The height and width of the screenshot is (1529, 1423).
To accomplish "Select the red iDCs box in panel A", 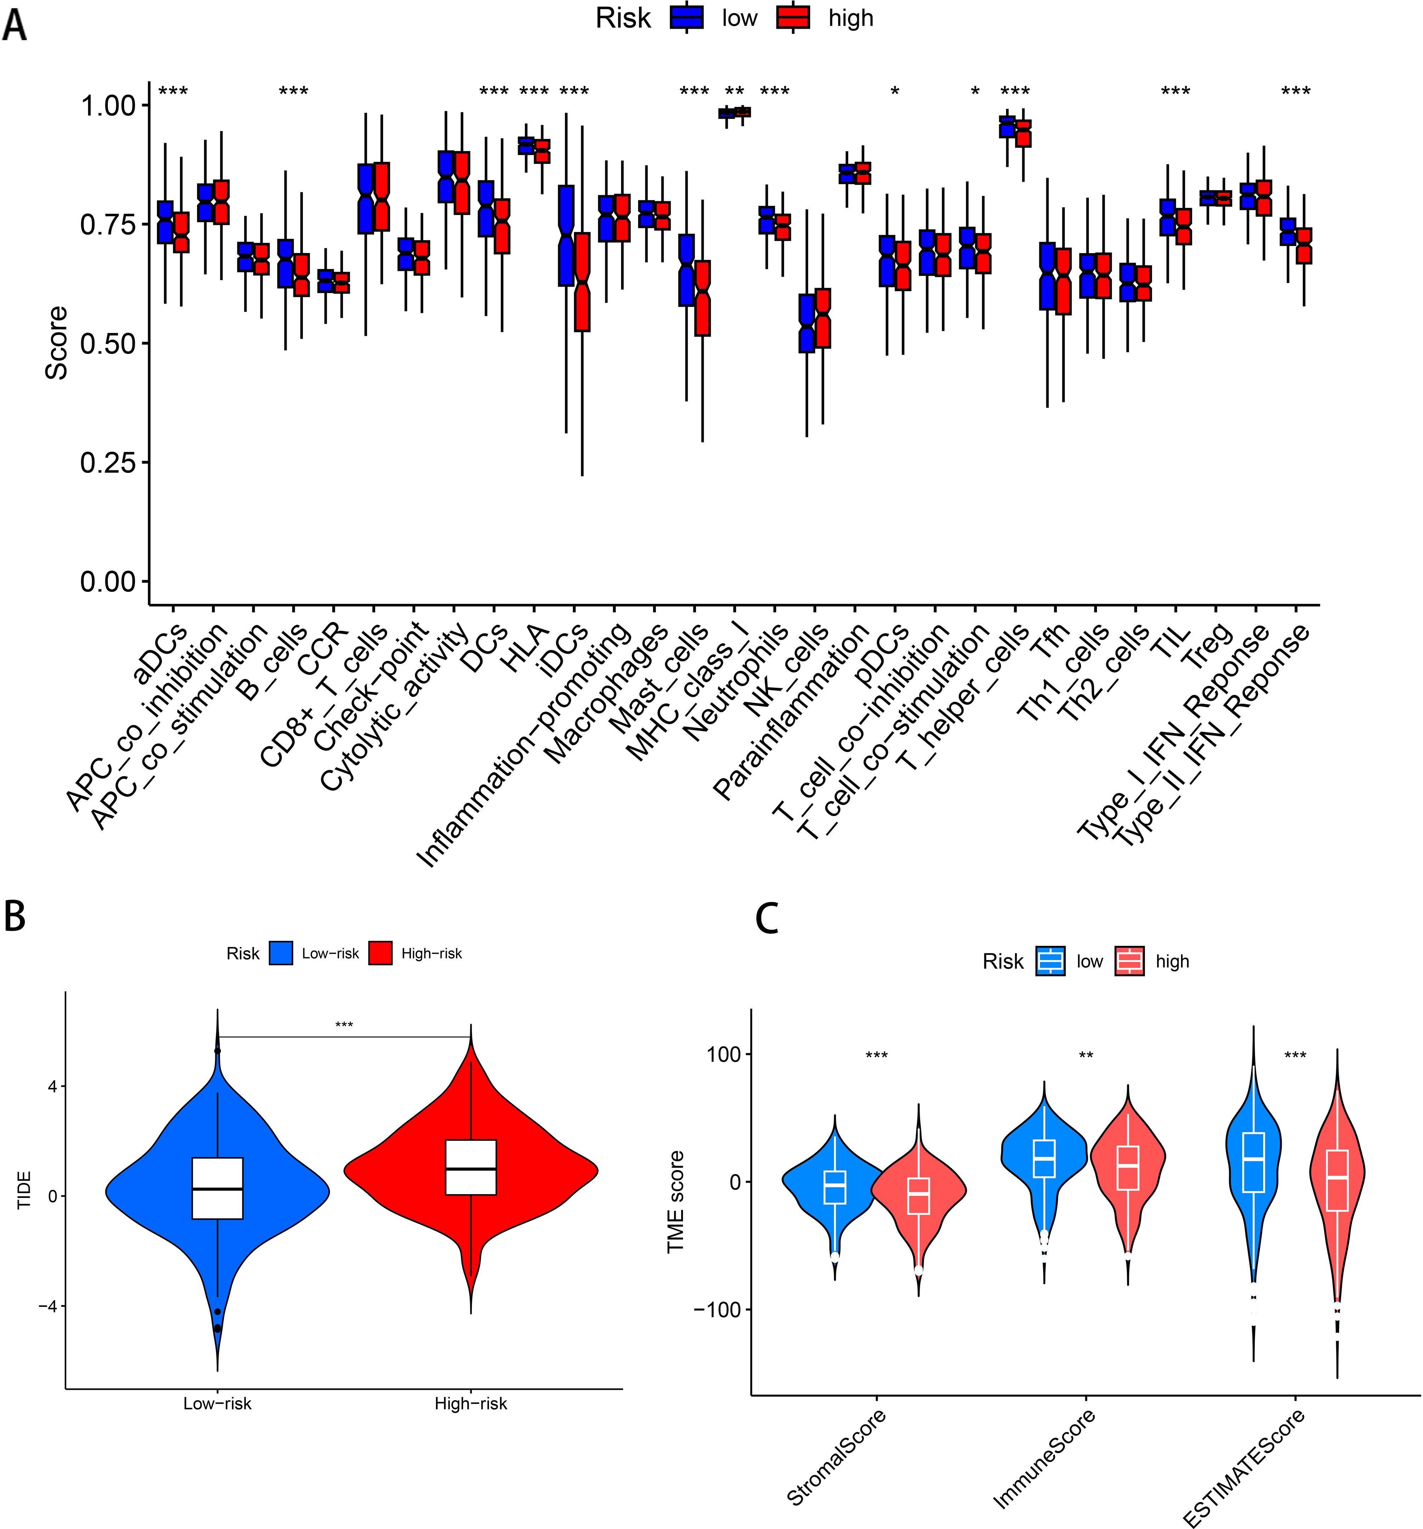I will tap(582, 282).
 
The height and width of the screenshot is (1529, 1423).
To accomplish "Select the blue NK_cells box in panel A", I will tap(806, 323).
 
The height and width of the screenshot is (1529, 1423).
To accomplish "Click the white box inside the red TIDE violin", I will tap(471, 1167).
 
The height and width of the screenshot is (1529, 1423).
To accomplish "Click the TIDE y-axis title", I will tap(24, 1190).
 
